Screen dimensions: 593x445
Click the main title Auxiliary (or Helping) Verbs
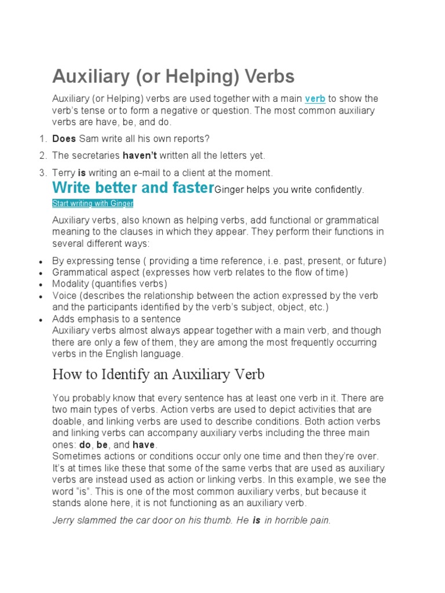[173, 76]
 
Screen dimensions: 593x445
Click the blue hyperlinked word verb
[315, 99]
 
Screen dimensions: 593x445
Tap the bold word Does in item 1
[64, 138]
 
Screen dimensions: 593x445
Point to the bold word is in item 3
[82, 173]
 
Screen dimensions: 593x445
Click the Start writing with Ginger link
[93, 203]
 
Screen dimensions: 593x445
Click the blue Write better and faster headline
[133, 188]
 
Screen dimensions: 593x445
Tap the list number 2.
[42, 155]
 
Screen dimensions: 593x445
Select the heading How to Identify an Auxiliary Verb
[158, 375]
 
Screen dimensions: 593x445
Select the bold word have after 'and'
[144, 445]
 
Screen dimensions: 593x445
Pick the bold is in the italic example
[256, 520]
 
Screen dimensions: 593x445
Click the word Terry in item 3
[64, 173]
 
